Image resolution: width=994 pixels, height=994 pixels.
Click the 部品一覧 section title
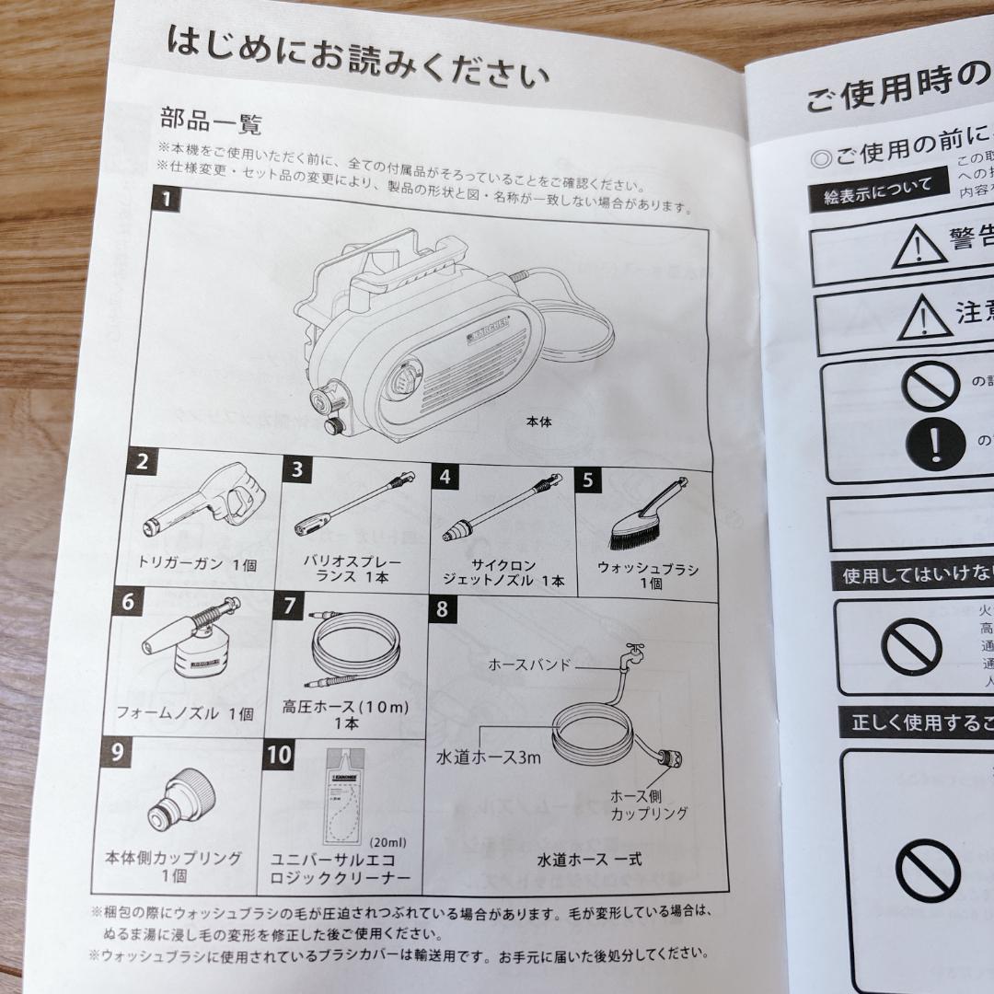click(x=212, y=121)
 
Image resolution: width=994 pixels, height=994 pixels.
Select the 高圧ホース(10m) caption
click(x=347, y=715)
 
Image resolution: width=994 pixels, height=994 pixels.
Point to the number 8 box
click(x=442, y=609)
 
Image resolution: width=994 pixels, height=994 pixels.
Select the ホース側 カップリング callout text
click(x=649, y=804)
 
